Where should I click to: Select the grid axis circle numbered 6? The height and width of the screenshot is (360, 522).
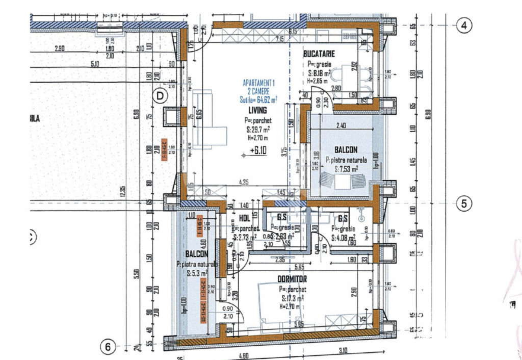pos(108,347)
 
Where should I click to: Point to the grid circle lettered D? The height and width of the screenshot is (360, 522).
pos(161,95)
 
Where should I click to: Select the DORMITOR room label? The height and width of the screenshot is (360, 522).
pos(292,279)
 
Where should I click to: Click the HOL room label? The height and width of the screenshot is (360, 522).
pos(245,219)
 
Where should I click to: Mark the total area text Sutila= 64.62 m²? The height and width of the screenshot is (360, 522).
pos(258,99)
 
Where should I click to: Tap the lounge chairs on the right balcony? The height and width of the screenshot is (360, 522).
pos(342,180)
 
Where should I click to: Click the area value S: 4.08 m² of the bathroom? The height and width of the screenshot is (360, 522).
pos(345,237)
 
